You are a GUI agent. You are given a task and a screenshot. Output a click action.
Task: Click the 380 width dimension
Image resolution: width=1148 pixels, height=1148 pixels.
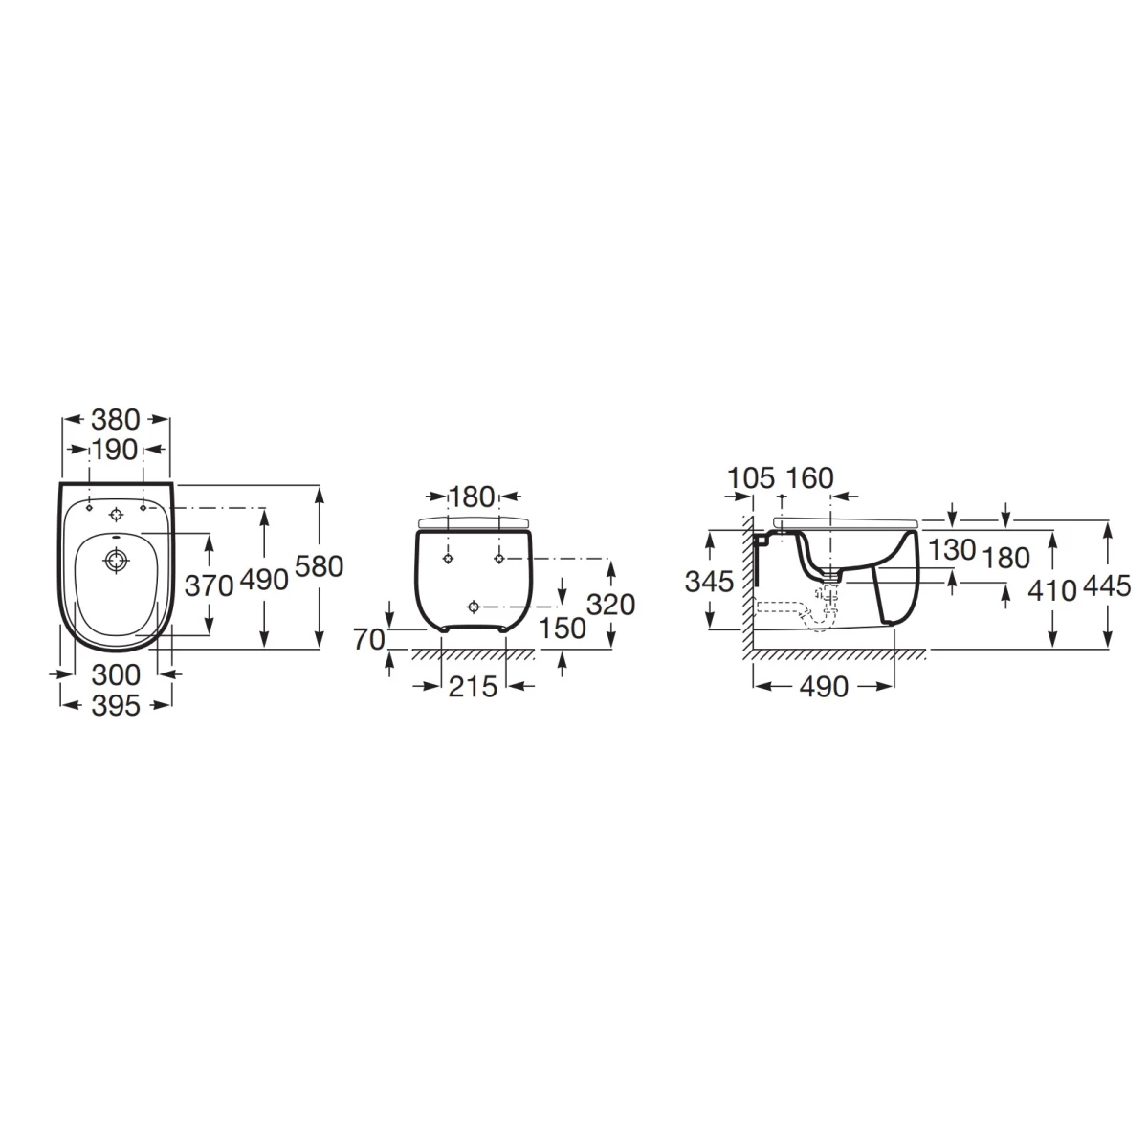tap(115, 419)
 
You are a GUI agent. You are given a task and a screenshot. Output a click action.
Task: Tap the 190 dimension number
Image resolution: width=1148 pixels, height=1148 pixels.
tap(115, 450)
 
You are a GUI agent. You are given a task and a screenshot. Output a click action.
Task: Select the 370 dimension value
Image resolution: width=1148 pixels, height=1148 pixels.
tap(209, 585)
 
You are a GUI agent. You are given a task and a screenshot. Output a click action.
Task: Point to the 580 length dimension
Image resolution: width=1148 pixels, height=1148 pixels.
tap(320, 566)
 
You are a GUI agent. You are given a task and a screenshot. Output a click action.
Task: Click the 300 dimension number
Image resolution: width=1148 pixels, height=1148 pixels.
tap(116, 675)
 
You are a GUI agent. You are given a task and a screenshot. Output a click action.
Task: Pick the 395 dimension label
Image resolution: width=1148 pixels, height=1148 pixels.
tap(116, 706)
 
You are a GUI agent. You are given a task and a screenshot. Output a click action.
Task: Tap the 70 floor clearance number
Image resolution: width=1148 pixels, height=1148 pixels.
tap(368, 640)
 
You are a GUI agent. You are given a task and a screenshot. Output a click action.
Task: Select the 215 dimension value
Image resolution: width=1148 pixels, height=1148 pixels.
tap(473, 687)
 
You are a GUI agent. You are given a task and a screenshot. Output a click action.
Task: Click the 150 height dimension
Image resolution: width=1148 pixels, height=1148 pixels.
tap(563, 628)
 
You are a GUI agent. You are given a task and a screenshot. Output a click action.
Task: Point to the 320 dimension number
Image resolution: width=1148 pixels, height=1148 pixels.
tap(611, 605)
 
